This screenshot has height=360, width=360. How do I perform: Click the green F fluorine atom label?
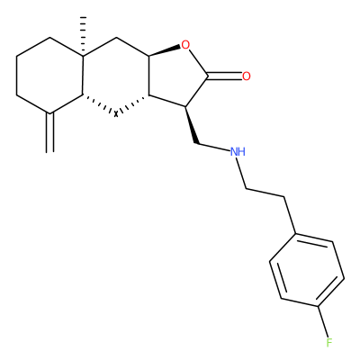click(x=329, y=342)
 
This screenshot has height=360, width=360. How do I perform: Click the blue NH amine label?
click(x=238, y=152)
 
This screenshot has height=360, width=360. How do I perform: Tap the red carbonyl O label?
click(x=247, y=76)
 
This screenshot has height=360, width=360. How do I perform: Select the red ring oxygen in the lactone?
click(x=185, y=45)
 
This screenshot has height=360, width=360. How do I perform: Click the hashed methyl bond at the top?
click(x=83, y=36)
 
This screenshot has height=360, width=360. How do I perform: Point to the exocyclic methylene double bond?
click(x=50, y=132)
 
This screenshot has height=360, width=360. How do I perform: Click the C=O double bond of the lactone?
click(x=224, y=76)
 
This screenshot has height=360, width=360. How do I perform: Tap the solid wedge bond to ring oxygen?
click(x=165, y=51)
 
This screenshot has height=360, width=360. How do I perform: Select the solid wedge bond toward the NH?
click(x=192, y=125)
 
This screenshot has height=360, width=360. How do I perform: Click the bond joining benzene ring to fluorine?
click(x=322, y=321)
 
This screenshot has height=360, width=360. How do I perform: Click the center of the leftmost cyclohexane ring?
click(x=50, y=76)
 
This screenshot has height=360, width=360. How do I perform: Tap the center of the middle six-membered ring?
click(x=116, y=76)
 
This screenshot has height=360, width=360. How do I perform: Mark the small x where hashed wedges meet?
click(x=116, y=113)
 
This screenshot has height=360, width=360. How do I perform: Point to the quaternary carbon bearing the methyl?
click(x=84, y=56)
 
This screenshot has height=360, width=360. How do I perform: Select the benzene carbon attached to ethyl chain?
click(x=296, y=233)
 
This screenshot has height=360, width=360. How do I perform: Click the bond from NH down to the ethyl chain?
click(x=241, y=173)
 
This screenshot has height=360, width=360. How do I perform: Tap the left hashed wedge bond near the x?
click(x=99, y=104)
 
